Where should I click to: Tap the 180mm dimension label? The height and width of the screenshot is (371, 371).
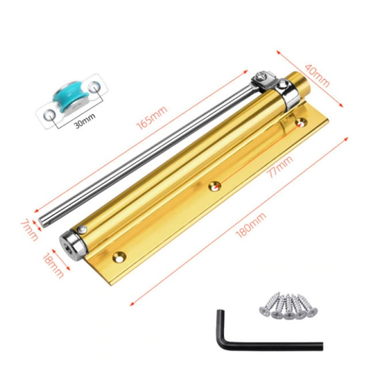[250, 226]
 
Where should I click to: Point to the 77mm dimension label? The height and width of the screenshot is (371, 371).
[281, 167]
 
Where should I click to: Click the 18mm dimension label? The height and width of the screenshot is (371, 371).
[53, 265]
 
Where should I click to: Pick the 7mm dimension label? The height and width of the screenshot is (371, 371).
[29, 230]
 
